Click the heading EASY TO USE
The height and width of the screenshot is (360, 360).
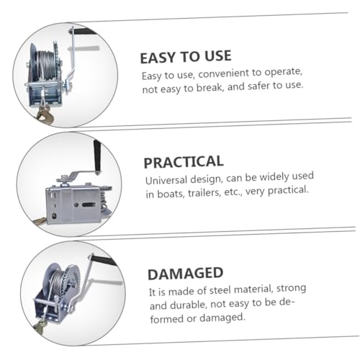(x=186, y=57)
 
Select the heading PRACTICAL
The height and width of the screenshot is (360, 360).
(x=184, y=162)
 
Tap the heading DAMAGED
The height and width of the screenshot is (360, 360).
(x=185, y=274)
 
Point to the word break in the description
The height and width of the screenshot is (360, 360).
(x=210, y=87)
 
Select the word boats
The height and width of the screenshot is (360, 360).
(x=170, y=194)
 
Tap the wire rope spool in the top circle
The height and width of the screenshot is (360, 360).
(x=47, y=65)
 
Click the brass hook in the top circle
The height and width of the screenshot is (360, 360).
(x=45, y=113)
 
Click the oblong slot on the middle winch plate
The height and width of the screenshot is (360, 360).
(x=89, y=204)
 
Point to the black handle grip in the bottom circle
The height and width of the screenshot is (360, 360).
(x=104, y=261)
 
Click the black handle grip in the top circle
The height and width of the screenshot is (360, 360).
(x=84, y=31)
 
